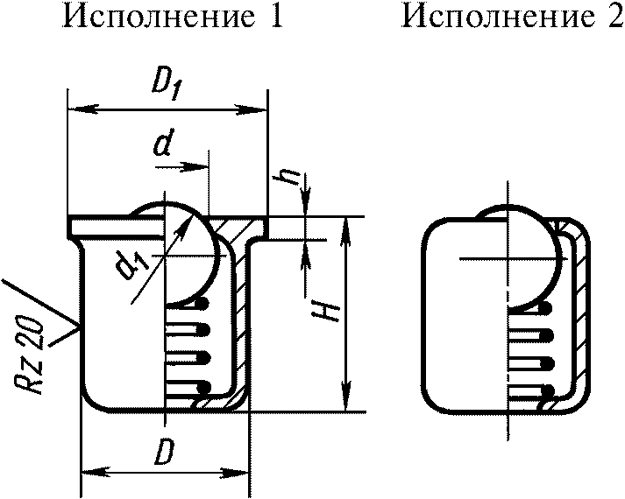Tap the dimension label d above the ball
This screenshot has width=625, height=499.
[160, 145]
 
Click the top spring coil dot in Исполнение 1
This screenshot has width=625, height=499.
[204, 305]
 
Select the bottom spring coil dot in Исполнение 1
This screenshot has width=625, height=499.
[204, 386]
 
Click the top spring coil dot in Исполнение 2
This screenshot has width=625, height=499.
[548, 308]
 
